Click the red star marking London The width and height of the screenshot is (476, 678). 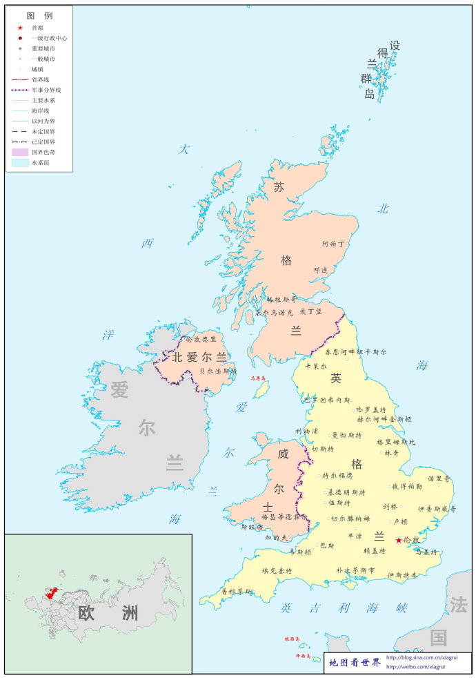399,540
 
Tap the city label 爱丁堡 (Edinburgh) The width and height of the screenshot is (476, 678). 310,311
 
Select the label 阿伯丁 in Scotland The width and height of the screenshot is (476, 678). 333,244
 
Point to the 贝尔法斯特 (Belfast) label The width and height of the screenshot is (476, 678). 218,371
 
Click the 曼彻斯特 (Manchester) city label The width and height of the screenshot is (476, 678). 346,436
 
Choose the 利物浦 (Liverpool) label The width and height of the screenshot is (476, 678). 307,432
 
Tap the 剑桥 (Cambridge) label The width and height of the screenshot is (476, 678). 390,506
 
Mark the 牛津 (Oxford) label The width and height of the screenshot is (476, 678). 355,535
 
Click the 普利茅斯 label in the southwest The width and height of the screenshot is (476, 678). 237,592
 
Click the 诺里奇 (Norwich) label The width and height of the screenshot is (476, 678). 439,478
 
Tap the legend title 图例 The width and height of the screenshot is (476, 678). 39,15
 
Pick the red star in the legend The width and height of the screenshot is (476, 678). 21,28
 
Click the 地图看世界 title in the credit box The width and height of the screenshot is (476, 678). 355,663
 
